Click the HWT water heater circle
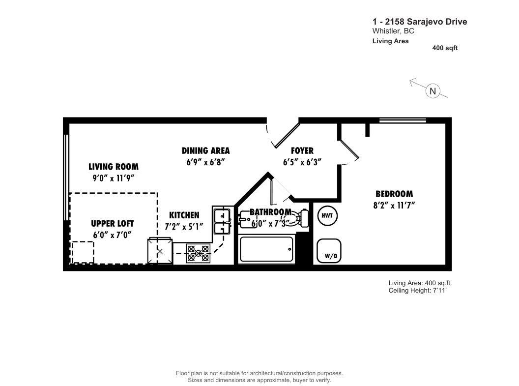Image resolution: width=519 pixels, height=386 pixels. point(327,215)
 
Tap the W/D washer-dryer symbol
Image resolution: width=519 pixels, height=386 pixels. point(329,251)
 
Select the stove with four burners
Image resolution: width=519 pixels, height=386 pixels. point(198,254)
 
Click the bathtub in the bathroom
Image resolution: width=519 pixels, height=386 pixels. point(267,249)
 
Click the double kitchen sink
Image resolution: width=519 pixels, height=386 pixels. point(222,221)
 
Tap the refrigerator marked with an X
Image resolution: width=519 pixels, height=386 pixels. point(160,251)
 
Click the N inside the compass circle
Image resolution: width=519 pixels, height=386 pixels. point(432,90)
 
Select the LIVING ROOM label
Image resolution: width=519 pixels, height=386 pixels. point(114,167)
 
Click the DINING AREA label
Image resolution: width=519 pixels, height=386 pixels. point(205,150)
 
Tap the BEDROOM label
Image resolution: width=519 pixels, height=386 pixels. point(394,194)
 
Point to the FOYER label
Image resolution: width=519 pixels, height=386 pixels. point(302,150)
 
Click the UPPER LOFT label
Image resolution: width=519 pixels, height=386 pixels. point(113,223)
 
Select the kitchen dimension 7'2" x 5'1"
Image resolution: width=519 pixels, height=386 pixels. point(184,226)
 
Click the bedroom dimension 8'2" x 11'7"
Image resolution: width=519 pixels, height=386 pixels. point(394,205)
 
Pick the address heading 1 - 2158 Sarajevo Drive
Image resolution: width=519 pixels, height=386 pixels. point(420,22)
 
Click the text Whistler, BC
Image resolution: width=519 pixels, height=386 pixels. point(393,31)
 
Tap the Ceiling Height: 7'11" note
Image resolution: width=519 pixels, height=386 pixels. point(418,291)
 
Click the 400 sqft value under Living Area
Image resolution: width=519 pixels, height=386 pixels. point(445,48)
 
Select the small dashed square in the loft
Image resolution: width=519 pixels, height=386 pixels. point(83,252)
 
